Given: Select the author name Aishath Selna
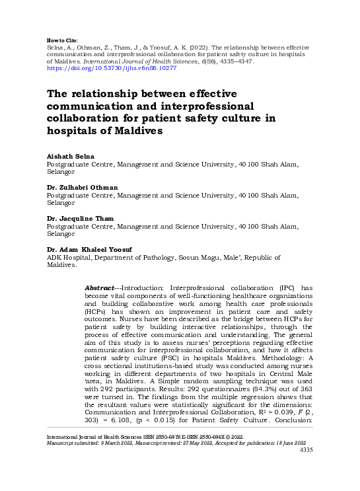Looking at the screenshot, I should [68, 157].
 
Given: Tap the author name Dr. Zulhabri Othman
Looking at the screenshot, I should [83, 188].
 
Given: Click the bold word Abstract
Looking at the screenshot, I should [100, 289].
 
